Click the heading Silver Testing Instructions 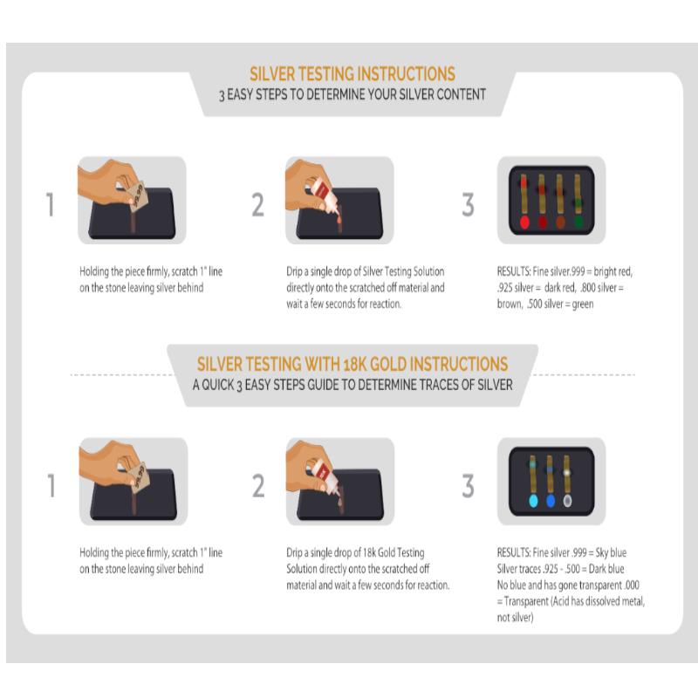pos(352,74)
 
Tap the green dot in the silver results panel pos(578,222)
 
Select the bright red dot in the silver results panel pos(524,222)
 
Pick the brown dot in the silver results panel pos(560,222)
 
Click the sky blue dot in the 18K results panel pos(533,501)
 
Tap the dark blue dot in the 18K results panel pos(551,501)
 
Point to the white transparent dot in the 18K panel pos(567,501)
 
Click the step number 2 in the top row pos(257,205)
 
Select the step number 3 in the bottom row pos(468,486)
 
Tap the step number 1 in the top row pos(51,205)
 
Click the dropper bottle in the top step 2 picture pos(323,195)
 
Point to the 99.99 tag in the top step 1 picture pos(134,195)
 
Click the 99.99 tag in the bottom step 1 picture pos(136,476)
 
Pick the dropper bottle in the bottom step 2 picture pos(324,477)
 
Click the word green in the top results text pos(583,305)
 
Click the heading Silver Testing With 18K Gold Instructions pos(352,364)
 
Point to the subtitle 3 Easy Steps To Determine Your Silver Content pos(352,95)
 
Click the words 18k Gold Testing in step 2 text pos(394,553)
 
